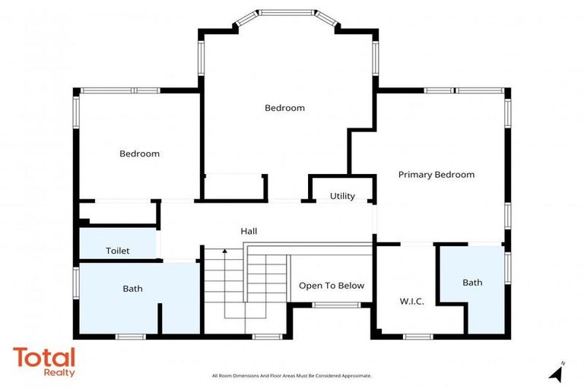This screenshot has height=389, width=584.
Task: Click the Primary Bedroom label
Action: [436, 175]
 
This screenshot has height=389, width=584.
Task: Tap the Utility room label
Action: [342, 196]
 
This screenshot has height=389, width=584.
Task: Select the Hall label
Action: [249, 231]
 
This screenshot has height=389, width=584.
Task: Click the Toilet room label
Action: [117, 251]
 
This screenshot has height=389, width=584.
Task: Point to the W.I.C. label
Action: [411, 302]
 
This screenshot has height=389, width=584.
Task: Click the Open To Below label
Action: [331, 286]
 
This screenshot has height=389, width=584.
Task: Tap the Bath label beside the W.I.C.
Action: [472, 283]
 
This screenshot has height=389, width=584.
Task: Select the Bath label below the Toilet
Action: [132, 289]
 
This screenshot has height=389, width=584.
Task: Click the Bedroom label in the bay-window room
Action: [284, 108]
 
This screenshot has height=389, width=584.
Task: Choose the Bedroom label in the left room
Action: [139, 153]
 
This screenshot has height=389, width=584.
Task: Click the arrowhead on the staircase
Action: [225, 250]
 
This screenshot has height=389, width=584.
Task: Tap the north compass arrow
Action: [557, 373]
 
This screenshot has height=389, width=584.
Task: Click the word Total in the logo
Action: [43, 358]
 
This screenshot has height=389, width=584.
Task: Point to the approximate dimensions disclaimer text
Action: [291, 376]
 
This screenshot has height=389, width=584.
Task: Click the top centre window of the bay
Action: [285, 12]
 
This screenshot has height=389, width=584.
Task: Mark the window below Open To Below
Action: [336, 305]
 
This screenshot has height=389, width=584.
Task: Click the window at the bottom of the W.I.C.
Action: [417, 336]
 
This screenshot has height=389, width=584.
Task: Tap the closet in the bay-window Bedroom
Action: [233, 188]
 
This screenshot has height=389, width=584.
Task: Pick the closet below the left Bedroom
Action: [117, 213]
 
